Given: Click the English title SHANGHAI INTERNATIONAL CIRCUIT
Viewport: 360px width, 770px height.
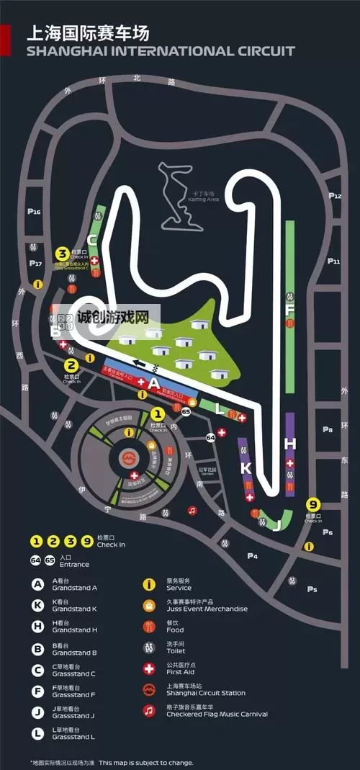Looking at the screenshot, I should click(x=161, y=51).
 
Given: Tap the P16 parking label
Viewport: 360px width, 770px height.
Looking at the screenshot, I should click(x=34, y=212).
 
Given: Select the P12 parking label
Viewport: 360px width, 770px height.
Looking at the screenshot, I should click(x=335, y=195).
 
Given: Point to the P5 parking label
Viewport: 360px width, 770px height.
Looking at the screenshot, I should click(x=312, y=589).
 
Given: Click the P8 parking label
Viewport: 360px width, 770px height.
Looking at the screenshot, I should click(x=328, y=429).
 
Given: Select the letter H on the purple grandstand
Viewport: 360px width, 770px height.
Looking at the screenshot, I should click(x=289, y=442).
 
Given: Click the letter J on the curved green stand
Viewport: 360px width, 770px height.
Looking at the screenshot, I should click(x=276, y=524).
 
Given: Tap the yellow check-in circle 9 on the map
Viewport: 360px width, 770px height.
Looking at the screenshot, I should click(x=312, y=504).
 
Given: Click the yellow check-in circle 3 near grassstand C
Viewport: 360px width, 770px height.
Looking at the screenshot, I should click(x=63, y=253).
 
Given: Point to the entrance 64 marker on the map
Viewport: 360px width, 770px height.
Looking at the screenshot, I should click(x=211, y=437).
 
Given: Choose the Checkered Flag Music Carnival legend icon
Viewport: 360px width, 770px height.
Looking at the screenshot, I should click(x=149, y=710).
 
